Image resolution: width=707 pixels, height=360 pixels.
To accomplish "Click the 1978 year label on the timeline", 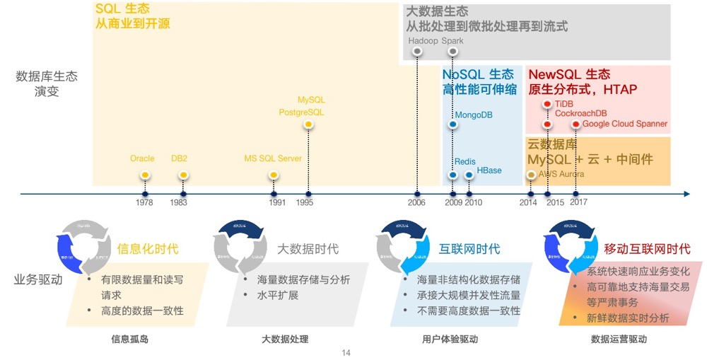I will pyautogui.click(x=144, y=203).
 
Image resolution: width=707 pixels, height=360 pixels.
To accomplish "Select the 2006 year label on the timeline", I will pyautogui.click(x=416, y=203).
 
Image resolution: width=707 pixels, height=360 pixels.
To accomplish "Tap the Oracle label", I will pyautogui.click(x=142, y=158).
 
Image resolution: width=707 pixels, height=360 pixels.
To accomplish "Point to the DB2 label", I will pyautogui.click(x=179, y=158).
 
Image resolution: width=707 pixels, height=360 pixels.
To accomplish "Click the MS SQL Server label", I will pyautogui.click(x=273, y=158).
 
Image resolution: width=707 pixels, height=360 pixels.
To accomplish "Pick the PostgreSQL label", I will pyautogui.click(x=301, y=112).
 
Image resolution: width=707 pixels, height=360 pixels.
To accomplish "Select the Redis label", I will pyautogui.click(x=464, y=162).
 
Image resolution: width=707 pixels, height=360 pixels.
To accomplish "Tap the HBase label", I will pyautogui.click(x=489, y=170).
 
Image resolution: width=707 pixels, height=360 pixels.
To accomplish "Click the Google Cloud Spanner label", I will pyautogui.click(x=625, y=124).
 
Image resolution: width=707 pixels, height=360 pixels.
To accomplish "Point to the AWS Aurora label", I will pyautogui.click(x=561, y=173).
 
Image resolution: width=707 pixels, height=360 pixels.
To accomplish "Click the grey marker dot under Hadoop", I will pyautogui.click(x=417, y=51).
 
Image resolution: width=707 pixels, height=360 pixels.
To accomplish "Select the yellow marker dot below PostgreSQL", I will pyautogui.click(x=308, y=125).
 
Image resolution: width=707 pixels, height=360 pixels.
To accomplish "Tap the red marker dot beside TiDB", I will pyautogui.click(x=547, y=104).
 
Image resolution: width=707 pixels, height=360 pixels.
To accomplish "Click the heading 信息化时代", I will pyautogui.click(x=148, y=249).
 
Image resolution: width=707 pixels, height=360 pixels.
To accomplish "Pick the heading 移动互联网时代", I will pyautogui.click(x=647, y=249).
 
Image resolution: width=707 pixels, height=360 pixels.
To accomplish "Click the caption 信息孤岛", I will pyautogui.click(x=130, y=339).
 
